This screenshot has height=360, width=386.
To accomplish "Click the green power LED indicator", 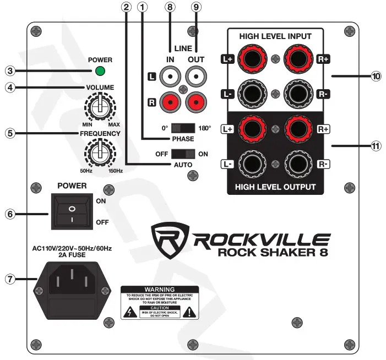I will click(x=100, y=71).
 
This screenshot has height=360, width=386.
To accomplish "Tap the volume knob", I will click(x=99, y=107).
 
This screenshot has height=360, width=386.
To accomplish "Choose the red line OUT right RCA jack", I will click(x=195, y=101).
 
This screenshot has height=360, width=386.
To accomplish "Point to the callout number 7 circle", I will click(x=9, y=279).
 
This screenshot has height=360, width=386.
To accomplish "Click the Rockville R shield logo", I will click(x=171, y=238).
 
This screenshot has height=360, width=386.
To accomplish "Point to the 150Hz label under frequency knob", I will click(x=116, y=171).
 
